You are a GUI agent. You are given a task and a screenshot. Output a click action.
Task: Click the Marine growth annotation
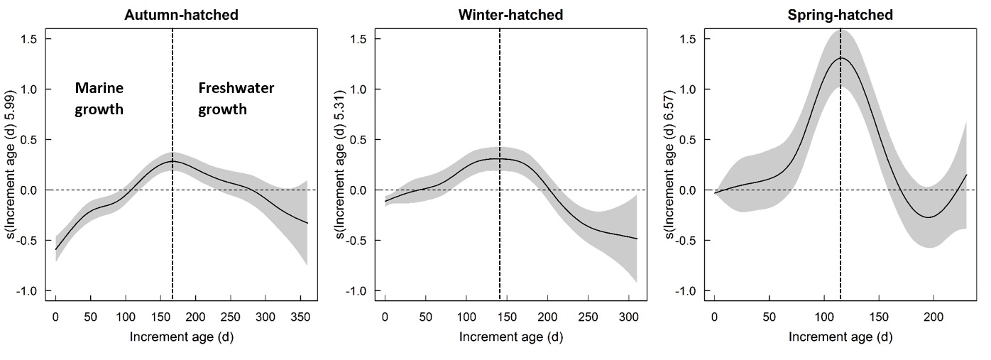click(99, 99)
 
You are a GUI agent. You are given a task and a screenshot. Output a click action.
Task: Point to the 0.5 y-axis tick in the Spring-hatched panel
click(685, 140)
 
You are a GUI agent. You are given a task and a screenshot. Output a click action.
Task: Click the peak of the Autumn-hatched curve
click(173, 161)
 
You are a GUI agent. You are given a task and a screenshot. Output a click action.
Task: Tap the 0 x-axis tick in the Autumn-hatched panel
click(55, 315)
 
